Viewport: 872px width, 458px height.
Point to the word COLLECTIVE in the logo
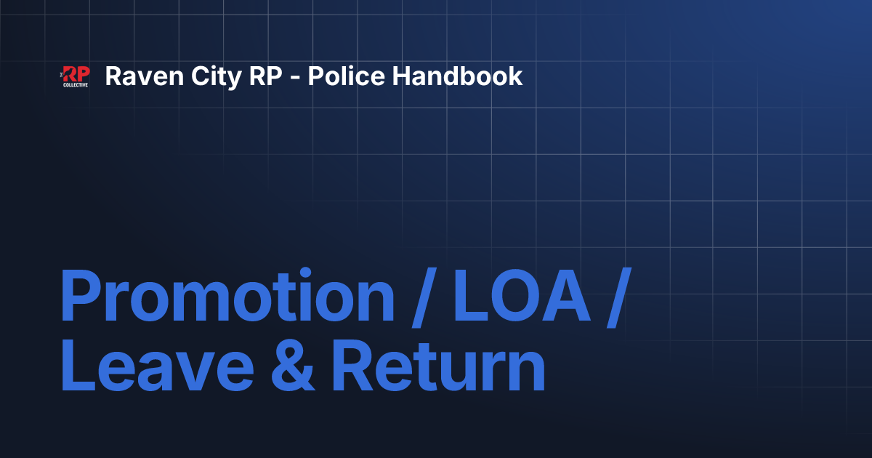pyautogui.click(x=76, y=85)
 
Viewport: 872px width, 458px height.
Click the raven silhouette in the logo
pyautogui.click(x=67, y=73)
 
